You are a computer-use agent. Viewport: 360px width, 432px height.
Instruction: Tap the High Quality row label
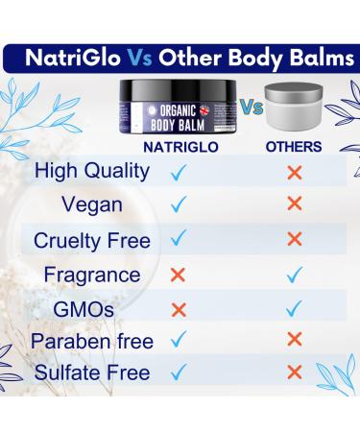(x=91, y=172)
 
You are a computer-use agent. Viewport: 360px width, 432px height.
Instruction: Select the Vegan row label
(x=91, y=204)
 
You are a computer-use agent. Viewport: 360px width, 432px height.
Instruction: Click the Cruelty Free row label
(x=91, y=240)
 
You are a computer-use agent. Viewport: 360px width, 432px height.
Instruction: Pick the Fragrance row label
(x=91, y=275)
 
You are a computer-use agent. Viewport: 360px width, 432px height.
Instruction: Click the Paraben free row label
(x=91, y=341)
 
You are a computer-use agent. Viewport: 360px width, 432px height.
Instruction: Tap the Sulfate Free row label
(x=91, y=372)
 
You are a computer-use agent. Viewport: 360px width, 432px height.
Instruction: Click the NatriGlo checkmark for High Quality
(x=177, y=173)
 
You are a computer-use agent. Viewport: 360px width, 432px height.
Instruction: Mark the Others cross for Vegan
(x=294, y=204)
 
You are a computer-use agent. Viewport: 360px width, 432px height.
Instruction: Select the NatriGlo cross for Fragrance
(x=177, y=275)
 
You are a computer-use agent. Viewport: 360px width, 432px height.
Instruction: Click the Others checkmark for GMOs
(x=294, y=308)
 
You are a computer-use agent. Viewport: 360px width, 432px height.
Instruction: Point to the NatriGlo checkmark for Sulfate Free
(x=177, y=372)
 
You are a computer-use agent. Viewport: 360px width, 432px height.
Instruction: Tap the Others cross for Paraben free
(x=294, y=339)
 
